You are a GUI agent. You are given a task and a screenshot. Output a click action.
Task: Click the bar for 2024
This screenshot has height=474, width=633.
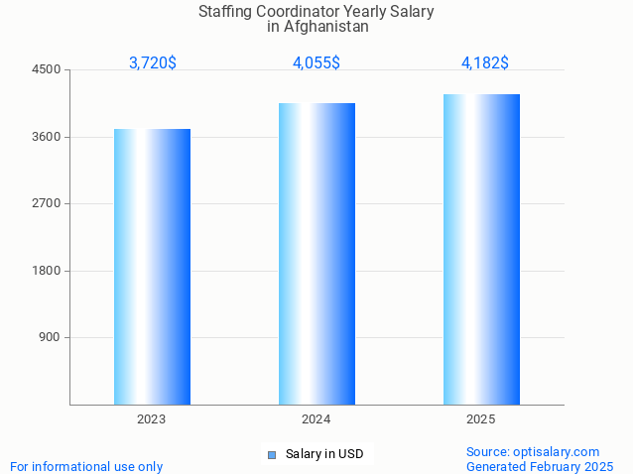tap(316, 253)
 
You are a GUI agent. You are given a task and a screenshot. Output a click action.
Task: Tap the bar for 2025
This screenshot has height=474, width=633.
tap(481, 249)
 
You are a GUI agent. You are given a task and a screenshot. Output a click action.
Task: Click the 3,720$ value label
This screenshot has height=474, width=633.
tap(153, 63)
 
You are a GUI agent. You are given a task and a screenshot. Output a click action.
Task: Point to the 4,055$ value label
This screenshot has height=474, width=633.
tap(316, 63)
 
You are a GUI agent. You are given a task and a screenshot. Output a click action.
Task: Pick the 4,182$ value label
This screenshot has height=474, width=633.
tap(485, 63)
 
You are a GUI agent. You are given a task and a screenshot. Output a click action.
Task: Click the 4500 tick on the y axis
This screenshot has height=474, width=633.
tap(47, 70)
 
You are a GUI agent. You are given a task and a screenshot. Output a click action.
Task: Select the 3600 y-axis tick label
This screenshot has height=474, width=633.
tap(47, 137)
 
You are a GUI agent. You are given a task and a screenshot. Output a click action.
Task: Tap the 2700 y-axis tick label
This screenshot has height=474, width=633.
tap(47, 203)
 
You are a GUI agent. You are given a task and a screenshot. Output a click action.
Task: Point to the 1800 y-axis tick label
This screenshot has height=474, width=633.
tap(47, 271)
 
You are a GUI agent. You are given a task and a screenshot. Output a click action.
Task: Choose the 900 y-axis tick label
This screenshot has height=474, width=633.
tap(50, 337)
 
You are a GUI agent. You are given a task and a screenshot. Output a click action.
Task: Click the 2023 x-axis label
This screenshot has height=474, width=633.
tap(152, 420)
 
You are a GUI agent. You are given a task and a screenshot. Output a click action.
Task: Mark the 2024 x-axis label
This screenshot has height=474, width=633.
tap(316, 420)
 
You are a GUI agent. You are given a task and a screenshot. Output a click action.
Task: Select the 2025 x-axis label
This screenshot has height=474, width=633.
tap(481, 420)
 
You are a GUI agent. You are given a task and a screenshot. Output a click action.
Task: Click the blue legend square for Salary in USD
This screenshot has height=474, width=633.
tap(271, 455)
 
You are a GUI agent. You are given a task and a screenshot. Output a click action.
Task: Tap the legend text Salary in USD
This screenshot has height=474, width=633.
tap(324, 455)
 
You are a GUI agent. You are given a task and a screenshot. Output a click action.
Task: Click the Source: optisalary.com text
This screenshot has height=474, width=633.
tap(533, 452)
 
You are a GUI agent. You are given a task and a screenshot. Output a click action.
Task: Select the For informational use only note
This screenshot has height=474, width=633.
tap(86, 467)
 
